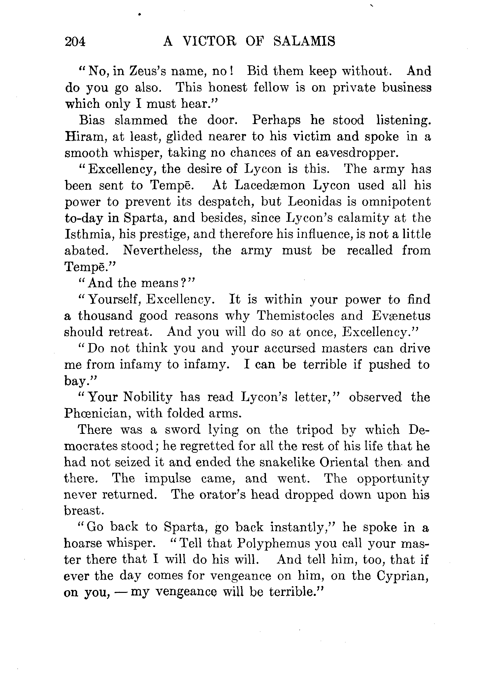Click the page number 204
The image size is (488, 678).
click(75, 42)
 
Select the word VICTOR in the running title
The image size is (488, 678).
click(210, 42)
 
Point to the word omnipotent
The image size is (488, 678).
click(396, 202)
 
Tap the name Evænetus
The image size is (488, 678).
click(401, 316)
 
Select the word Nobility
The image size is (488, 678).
click(147, 397)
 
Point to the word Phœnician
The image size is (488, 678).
click(96, 413)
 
